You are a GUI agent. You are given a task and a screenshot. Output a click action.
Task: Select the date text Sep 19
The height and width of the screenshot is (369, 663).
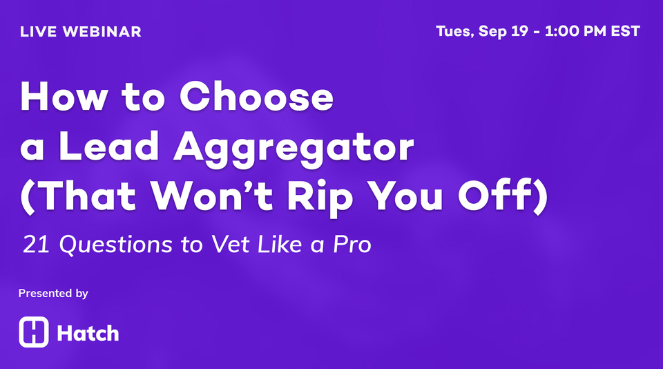click(x=505, y=32)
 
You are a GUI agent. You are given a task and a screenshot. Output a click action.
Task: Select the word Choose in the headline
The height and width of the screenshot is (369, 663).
click(x=257, y=98)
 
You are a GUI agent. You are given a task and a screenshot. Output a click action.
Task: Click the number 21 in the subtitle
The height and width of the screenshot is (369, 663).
click(x=34, y=245)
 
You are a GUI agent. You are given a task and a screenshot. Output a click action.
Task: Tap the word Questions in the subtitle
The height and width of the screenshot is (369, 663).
click(x=104, y=246)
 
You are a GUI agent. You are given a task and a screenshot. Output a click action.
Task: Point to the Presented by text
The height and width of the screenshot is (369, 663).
click(x=53, y=294)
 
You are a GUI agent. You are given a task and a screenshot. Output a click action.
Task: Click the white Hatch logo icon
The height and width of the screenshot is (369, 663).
click(x=34, y=332)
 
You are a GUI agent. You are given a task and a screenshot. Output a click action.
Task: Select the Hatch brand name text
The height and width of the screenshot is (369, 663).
click(x=88, y=334)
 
